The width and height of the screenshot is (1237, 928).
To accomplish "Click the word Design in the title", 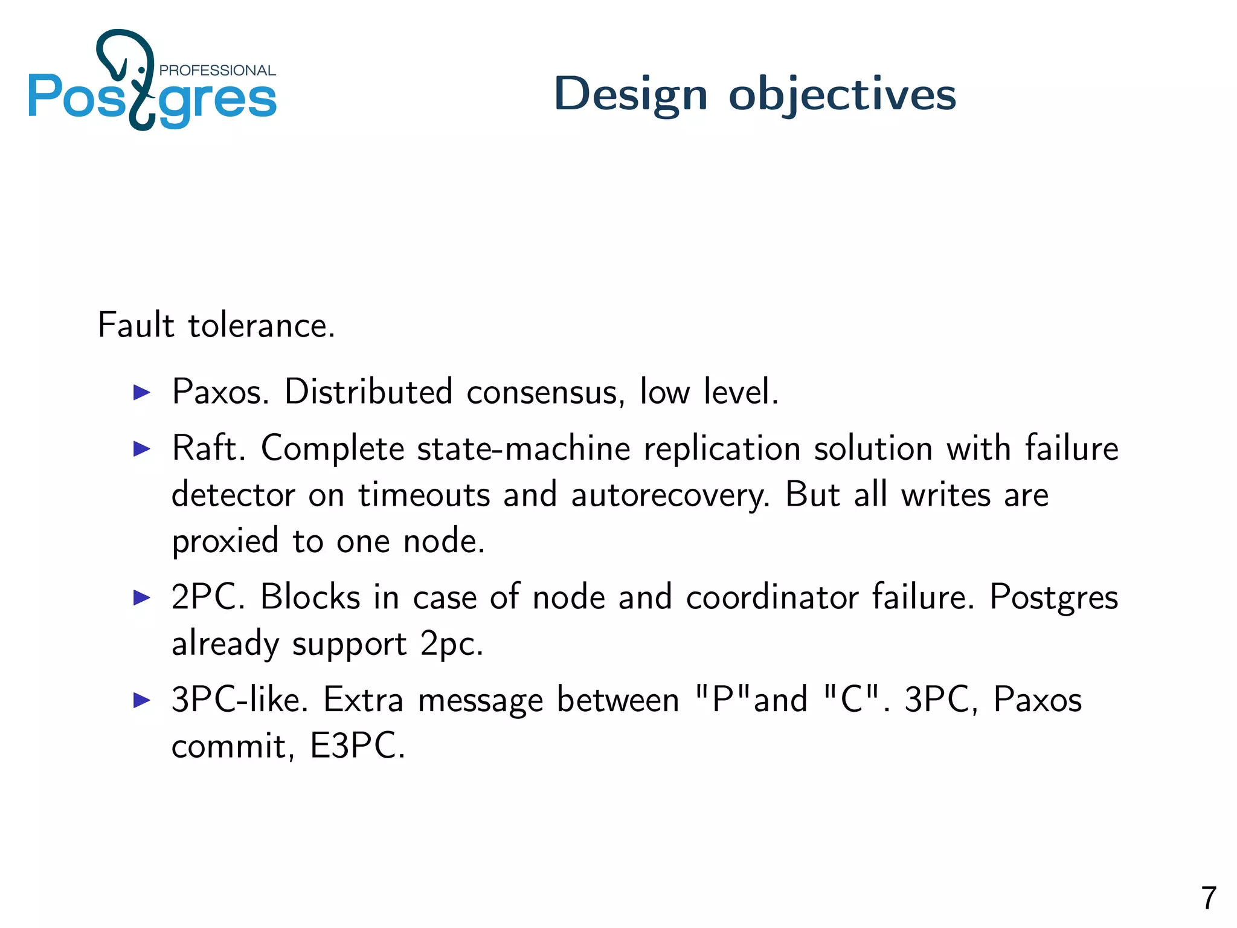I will pyautogui.click(x=630, y=95).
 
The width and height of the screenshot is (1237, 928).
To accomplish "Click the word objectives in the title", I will pyautogui.click(x=842, y=95).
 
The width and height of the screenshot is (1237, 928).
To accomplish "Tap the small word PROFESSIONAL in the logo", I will pyautogui.click(x=217, y=71).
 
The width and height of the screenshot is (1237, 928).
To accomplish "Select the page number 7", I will pyautogui.click(x=1208, y=898).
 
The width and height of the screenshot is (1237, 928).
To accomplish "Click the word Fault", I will pyautogui.click(x=136, y=325).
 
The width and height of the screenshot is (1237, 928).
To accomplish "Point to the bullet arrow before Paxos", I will pyautogui.click(x=142, y=393).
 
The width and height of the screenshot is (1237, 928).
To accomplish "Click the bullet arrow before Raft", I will pyautogui.click(x=142, y=449).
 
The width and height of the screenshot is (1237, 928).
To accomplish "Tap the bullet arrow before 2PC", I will pyautogui.click(x=142, y=598).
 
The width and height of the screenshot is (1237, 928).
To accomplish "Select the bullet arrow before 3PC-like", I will pyautogui.click(x=142, y=700).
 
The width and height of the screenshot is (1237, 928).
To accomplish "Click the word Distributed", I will pyautogui.click(x=368, y=391).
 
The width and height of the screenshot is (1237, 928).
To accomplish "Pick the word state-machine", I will pyautogui.click(x=524, y=448).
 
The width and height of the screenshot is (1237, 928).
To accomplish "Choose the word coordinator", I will pyautogui.click(x=772, y=597).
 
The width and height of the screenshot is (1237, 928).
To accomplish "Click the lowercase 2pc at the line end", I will pyautogui.click(x=451, y=643).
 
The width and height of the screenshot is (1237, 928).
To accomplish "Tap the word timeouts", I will pyautogui.click(x=424, y=495).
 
